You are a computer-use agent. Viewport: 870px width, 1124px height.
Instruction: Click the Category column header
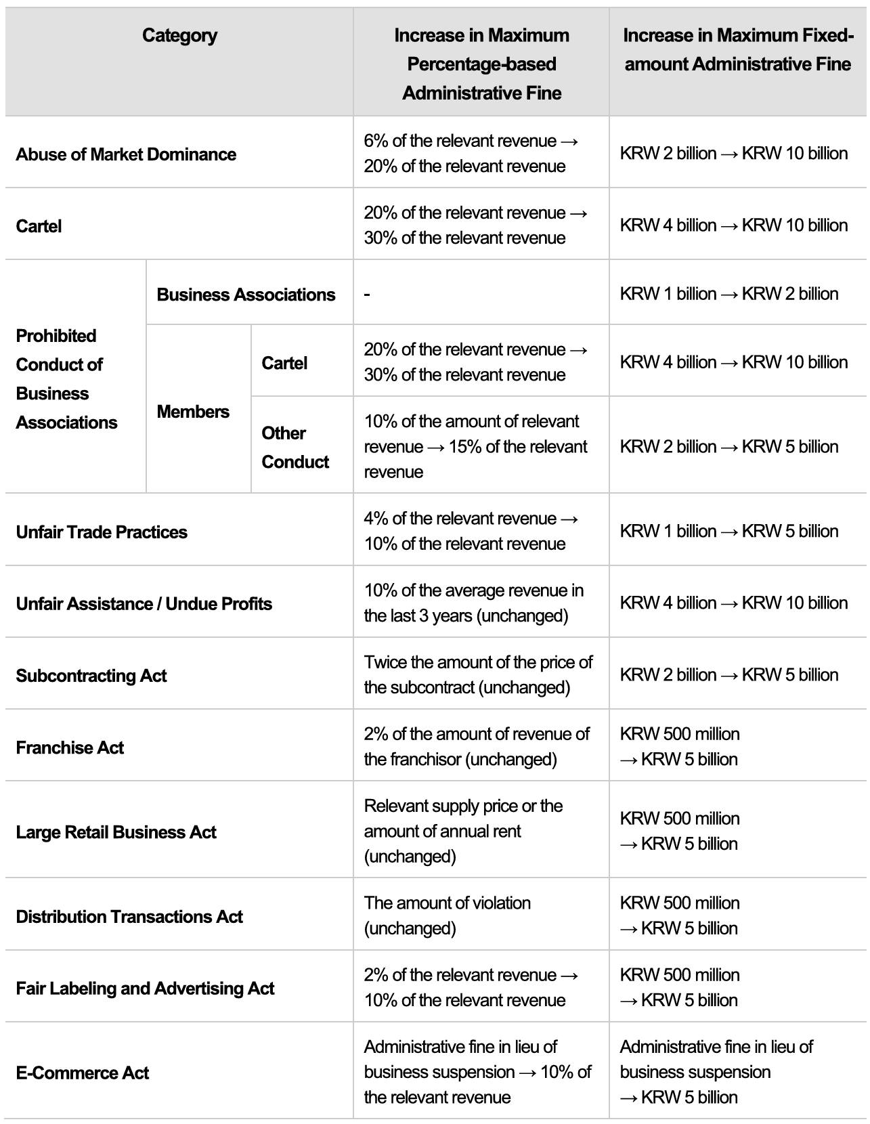pos(179,36)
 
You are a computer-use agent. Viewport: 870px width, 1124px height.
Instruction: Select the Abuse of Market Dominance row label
pos(126,154)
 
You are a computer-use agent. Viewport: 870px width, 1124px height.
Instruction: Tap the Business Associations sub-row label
pos(246,295)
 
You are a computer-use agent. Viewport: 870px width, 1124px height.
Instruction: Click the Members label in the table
pos(193,412)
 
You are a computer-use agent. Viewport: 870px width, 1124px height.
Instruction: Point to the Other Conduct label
pos(295,447)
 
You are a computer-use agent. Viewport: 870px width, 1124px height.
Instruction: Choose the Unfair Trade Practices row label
pos(102,532)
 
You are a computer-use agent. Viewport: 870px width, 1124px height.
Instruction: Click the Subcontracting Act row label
pos(91,676)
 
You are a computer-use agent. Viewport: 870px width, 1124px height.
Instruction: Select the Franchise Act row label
pos(70,748)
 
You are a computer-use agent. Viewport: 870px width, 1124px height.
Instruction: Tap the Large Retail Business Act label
pos(116,832)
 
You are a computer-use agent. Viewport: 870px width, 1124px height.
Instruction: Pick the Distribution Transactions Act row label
pos(129,917)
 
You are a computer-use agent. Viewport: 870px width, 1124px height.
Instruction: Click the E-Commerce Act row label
pos(83,1073)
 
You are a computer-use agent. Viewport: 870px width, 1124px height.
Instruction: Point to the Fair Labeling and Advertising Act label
pos(145,989)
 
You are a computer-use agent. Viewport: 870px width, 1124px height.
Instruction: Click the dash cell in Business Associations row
pos(367,295)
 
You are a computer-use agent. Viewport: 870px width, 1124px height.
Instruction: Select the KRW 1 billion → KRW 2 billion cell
pos(729,294)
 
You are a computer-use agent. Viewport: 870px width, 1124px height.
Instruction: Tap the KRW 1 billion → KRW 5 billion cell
pos(729,531)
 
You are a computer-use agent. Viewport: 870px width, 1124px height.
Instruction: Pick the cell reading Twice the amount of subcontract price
pos(478,674)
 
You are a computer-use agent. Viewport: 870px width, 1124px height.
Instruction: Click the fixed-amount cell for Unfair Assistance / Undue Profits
pos(733,603)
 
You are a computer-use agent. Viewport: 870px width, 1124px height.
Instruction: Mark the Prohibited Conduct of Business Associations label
pos(66,379)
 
